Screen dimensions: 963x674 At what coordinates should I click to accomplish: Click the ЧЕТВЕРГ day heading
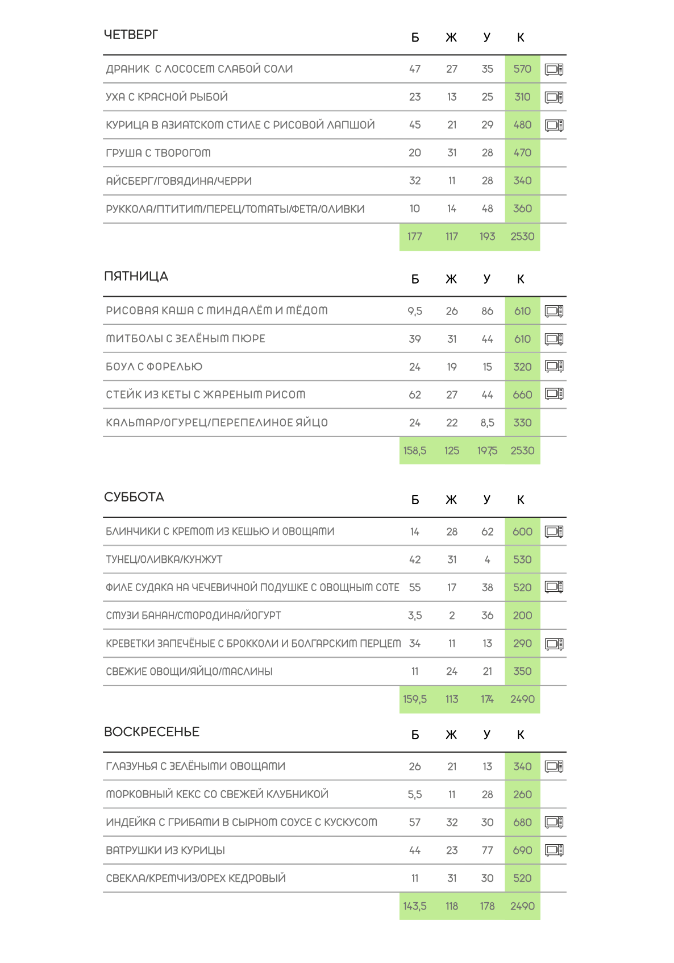(x=131, y=35)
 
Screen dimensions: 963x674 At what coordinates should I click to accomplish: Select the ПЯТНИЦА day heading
(x=136, y=276)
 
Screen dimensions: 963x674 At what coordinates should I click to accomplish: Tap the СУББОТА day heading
(x=134, y=497)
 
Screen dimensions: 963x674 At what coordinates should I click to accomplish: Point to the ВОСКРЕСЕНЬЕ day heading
(x=151, y=732)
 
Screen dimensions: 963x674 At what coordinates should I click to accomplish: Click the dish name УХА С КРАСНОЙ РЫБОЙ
(x=167, y=97)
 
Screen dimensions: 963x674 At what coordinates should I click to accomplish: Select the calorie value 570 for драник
(x=522, y=69)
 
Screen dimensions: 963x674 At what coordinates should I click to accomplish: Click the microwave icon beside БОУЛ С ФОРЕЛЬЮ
(x=554, y=367)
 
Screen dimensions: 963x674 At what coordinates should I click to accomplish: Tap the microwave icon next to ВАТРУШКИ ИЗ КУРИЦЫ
(x=554, y=850)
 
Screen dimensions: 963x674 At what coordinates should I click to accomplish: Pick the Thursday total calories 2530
(x=522, y=236)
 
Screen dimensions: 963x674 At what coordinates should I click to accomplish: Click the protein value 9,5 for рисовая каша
(x=415, y=311)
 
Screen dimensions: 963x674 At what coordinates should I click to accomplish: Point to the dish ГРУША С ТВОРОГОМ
(x=158, y=153)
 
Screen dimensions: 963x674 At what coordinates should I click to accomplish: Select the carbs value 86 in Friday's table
(x=487, y=311)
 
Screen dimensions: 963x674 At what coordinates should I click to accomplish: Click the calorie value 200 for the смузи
(x=522, y=615)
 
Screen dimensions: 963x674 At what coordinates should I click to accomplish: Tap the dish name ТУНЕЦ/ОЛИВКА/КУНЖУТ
(x=164, y=559)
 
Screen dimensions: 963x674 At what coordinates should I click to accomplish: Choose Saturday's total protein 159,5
(x=415, y=699)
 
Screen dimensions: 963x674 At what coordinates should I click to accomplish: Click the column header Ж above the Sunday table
(x=451, y=734)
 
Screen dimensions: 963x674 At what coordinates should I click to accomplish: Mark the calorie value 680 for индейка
(x=522, y=822)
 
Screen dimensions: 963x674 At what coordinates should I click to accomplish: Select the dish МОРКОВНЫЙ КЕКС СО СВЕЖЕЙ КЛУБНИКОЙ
(x=217, y=794)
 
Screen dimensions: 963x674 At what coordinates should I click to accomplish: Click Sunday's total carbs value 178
(x=487, y=906)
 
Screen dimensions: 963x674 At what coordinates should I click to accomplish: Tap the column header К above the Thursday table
(x=521, y=38)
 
